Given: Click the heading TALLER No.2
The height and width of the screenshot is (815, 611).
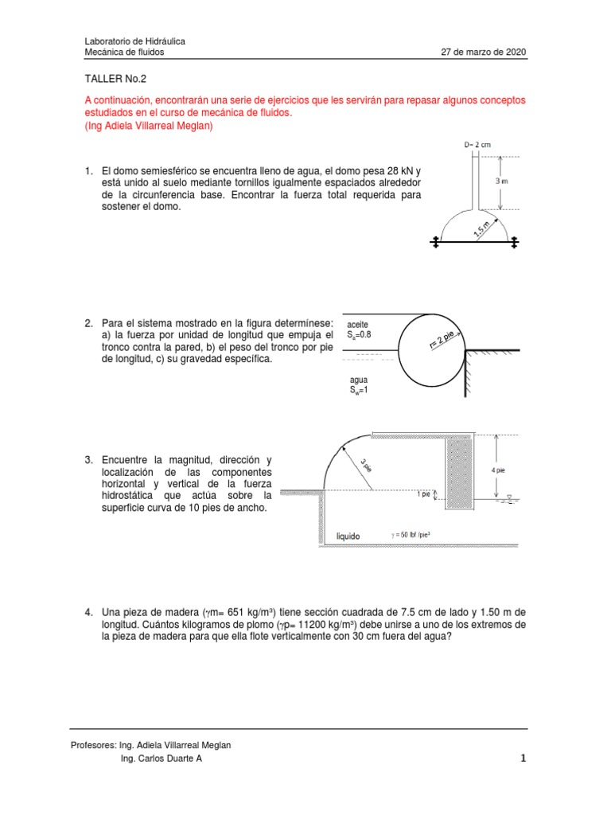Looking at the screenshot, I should coord(115,79).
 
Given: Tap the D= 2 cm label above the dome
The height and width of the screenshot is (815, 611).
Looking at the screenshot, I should coord(477,145).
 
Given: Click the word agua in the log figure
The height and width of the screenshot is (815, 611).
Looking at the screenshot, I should coord(359,380).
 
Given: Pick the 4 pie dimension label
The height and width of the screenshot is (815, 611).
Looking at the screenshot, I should coord(498,470).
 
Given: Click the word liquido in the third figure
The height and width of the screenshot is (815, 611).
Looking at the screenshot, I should coord(348,536).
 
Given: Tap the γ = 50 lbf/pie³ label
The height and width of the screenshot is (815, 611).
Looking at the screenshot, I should coord(415,536).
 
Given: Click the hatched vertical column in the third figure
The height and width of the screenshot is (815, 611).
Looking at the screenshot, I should coord(459,472).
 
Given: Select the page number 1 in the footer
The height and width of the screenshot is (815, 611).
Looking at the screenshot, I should coord(522,758).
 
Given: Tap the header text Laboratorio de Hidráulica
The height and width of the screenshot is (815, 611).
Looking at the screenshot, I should coord(135,41).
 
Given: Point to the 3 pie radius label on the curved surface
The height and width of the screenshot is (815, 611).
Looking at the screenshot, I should coord(365,464).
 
